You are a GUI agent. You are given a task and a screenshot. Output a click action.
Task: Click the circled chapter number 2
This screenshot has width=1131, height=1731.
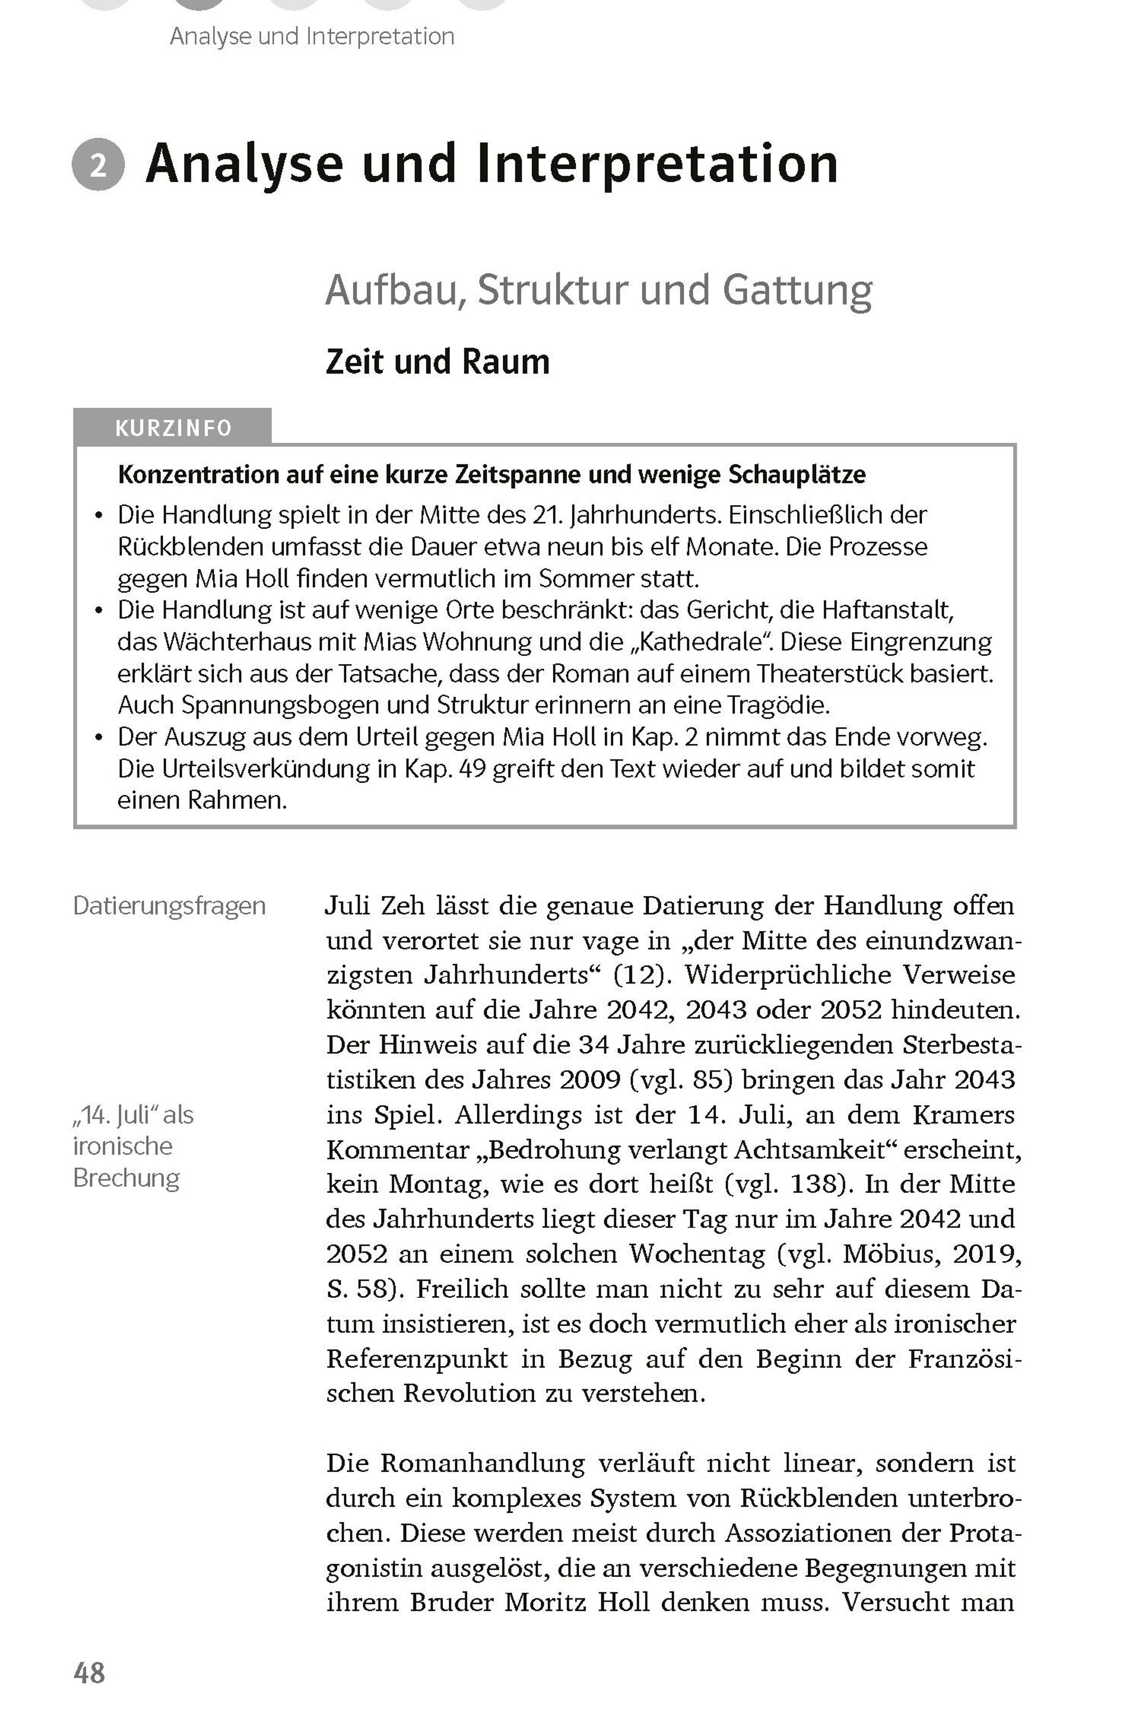[98, 164]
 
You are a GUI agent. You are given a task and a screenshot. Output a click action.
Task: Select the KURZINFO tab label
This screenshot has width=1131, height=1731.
[173, 427]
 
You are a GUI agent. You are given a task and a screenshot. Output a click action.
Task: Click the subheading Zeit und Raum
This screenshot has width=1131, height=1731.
[437, 361]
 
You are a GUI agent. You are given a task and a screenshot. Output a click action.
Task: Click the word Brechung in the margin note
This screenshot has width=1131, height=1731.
[126, 1178]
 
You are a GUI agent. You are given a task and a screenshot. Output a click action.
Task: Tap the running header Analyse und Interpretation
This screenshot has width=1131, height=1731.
[312, 36]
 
